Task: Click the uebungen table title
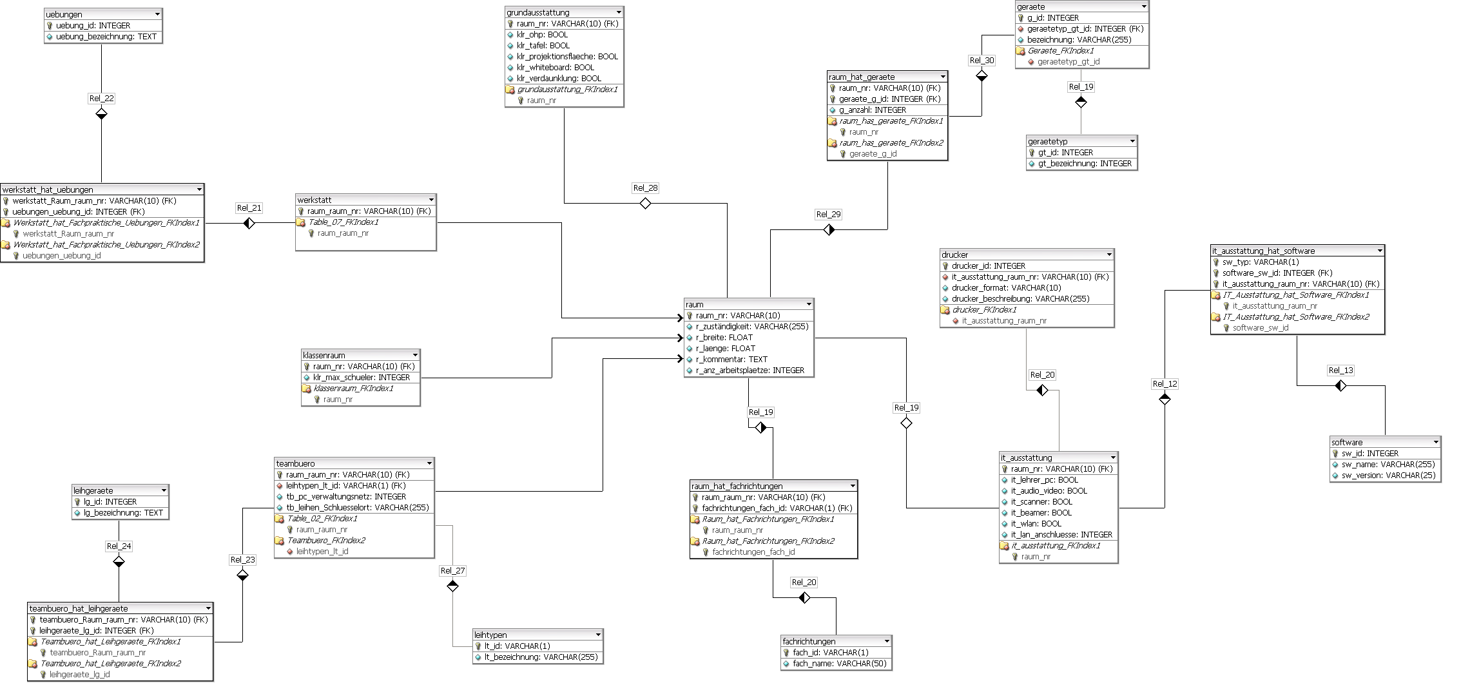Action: (x=64, y=14)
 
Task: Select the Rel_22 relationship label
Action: (x=101, y=99)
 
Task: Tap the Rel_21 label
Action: (x=249, y=208)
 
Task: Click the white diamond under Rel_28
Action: (x=645, y=204)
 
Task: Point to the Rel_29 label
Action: (x=828, y=215)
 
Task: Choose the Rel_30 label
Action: (x=982, y=61)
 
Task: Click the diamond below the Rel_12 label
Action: (x=1165, y=400)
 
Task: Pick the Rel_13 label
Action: (x=1340, y=371)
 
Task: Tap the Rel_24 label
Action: (x=119, y=546)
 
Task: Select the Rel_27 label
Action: (x=452, y=571)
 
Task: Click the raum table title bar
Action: (x=741, y=304)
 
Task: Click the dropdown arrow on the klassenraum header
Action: (x=415, y=355)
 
